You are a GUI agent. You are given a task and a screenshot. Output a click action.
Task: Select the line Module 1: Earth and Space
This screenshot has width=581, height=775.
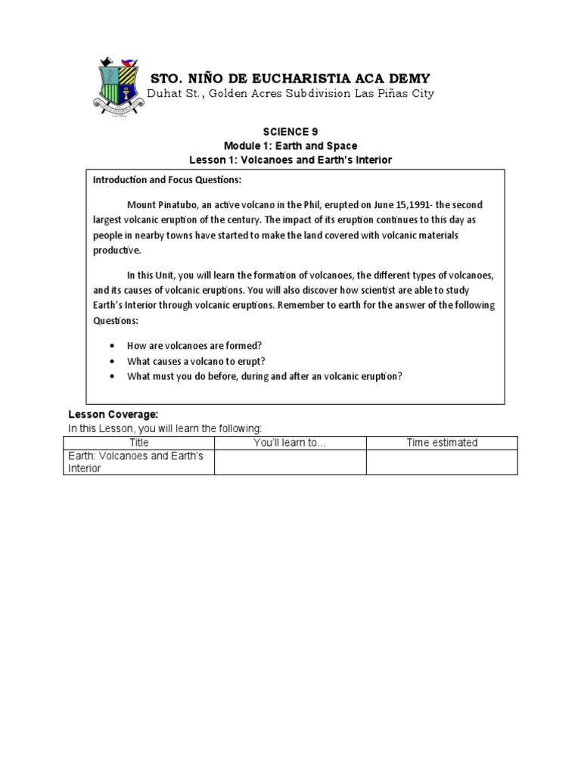[290, 145]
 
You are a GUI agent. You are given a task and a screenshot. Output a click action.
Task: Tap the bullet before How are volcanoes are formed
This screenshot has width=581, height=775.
[113, 345]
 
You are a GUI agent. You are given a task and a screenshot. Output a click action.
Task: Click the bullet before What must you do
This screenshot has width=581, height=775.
[113, 375]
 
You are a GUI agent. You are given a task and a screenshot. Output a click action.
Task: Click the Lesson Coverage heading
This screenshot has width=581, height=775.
[113, 415]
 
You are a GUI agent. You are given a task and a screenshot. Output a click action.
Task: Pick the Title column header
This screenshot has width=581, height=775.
[139, 443]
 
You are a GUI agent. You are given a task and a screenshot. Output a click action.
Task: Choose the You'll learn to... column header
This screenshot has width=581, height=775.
[290, 443]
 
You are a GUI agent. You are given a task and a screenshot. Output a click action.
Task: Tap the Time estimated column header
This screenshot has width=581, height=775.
[442, 443]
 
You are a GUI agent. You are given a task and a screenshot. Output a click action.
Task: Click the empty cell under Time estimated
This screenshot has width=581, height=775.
[442, 462]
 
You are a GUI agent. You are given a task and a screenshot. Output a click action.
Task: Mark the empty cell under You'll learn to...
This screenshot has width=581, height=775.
[290, 462]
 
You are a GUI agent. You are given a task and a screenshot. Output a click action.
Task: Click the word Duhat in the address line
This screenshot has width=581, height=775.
[166, 94]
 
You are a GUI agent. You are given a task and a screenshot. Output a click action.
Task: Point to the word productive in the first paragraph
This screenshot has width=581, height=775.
[117, 251]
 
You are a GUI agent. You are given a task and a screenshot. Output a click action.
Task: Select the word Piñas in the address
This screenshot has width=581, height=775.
[393, 94]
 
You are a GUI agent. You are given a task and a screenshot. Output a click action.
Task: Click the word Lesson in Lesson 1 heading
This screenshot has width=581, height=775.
[207, 159]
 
